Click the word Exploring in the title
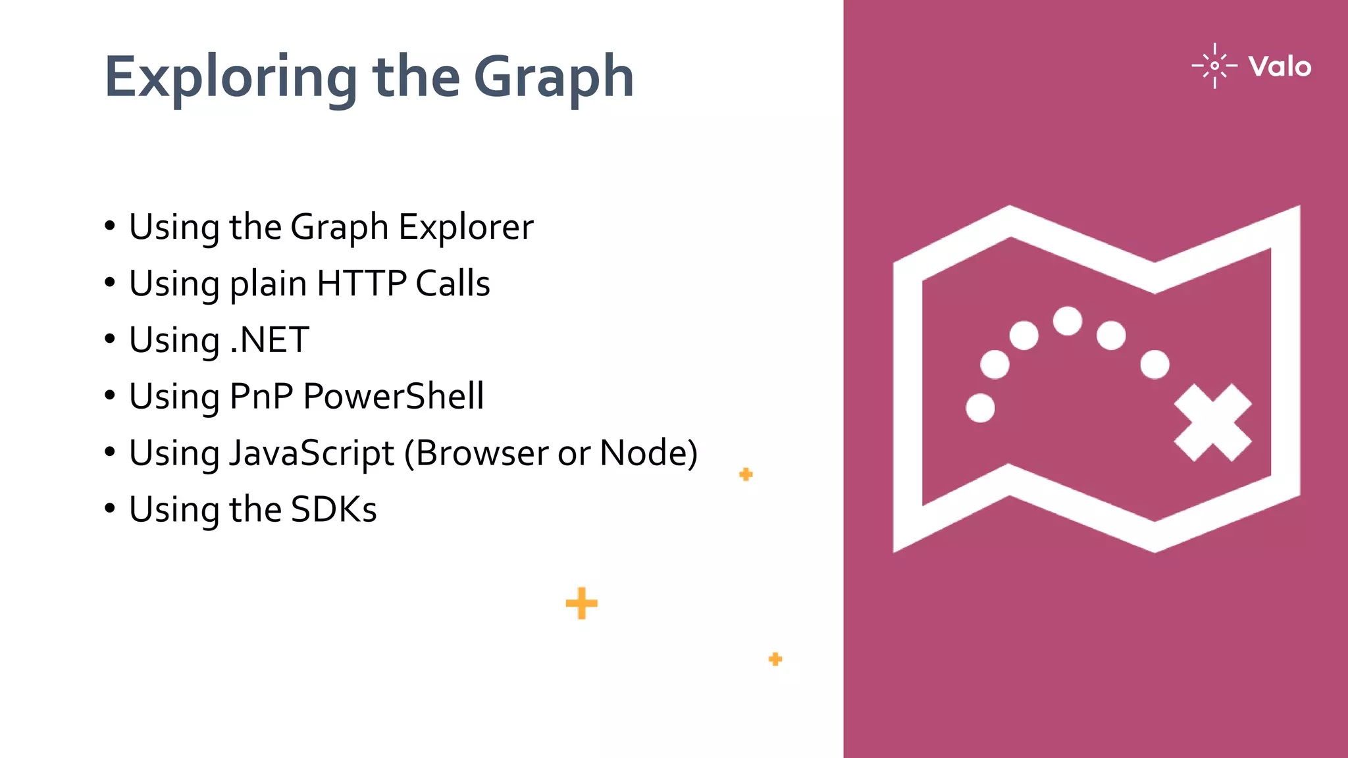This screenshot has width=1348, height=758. tap(231, 78)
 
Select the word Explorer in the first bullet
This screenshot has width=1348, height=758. tap(466, 227)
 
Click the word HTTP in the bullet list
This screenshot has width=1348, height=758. tap(361, 284)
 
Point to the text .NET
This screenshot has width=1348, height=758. tap(269, 340)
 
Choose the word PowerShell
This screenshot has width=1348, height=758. tap(393, 396)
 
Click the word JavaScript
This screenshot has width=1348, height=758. tap(311, 453)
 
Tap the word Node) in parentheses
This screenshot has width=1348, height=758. tap(648, 453)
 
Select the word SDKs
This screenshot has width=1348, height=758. tap(334, 509)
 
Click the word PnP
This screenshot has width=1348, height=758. tap(261, 396)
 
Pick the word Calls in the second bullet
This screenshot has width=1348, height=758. tap(453, 284)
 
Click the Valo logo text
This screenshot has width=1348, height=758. tap(1280, 66)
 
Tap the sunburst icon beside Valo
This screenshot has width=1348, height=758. tap(1214, 66)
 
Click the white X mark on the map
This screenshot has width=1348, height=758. tap(1212, 422)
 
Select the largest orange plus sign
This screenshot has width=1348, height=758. tap(581, 603)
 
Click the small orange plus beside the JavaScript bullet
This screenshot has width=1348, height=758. tap(746, 474)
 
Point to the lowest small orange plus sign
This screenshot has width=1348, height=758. tap(775, 659)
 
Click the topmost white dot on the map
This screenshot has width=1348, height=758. tap(1067, 321)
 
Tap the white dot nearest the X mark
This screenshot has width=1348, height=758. tap(1154, 365)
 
